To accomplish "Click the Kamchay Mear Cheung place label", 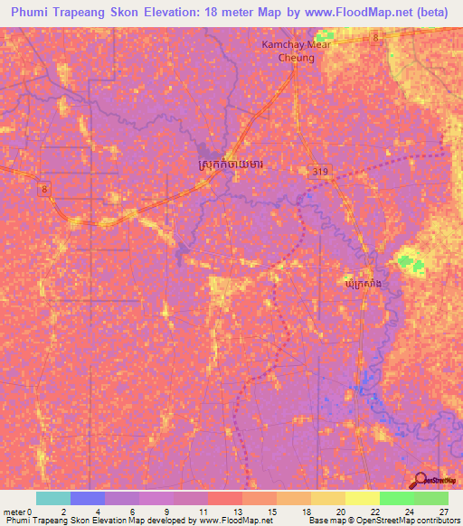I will [x=288, y=51].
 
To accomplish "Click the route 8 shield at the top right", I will [x=374, y=36].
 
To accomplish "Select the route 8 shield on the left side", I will [x=43, y=188].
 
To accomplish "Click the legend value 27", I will [x=442, y=511].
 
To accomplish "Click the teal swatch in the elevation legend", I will [x=52, y=498].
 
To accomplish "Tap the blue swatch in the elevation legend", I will [x=87, y=498].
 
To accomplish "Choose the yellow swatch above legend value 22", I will [x=363, y=498].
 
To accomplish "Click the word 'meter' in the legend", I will [x=14, y=511].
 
